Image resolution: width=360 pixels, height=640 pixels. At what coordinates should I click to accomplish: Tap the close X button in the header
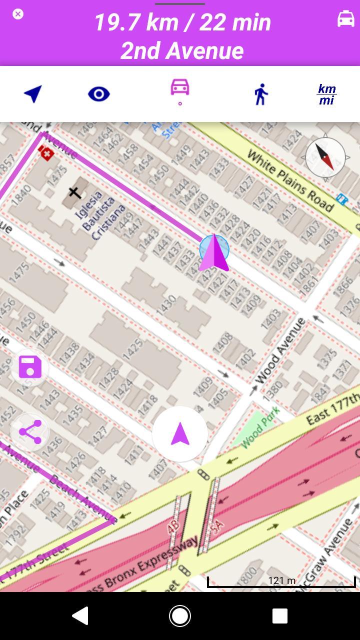[x=18, y=14]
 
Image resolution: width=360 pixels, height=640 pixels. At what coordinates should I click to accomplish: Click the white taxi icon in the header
[x=345, y=19]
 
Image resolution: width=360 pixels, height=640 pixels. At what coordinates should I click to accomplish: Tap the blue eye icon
[x=98, y=94]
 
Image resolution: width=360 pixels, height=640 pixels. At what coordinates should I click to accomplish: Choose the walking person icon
[x=260, y=94]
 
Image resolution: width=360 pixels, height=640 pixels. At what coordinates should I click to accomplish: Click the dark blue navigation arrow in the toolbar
[x=33, y=93]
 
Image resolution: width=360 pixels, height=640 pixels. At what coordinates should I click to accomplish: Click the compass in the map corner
[x=325, y=157]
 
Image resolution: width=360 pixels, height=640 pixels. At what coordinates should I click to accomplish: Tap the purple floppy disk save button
[x=30, y=367]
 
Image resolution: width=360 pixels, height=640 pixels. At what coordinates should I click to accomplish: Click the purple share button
[x=30, y=432]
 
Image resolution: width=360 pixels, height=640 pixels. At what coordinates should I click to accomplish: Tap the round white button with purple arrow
[x=180, y=434]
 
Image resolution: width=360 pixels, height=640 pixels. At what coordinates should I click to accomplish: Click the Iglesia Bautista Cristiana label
[x=100, y=215]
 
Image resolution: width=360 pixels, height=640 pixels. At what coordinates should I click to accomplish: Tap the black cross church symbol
[x=74, y=192]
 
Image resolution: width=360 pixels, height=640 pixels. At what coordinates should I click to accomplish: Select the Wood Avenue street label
[x=280, y=351]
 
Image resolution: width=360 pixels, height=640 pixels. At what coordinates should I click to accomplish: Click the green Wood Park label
[x=260, y=427]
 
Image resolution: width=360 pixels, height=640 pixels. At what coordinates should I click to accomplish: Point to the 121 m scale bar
[x=281, y=581]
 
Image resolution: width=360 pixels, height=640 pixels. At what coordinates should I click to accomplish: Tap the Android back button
[x=80, y=616]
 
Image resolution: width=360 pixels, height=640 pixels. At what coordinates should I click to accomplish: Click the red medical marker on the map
[x=46, y=153]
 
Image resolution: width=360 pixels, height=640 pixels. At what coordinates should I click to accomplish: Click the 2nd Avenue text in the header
[x=182, y=50]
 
